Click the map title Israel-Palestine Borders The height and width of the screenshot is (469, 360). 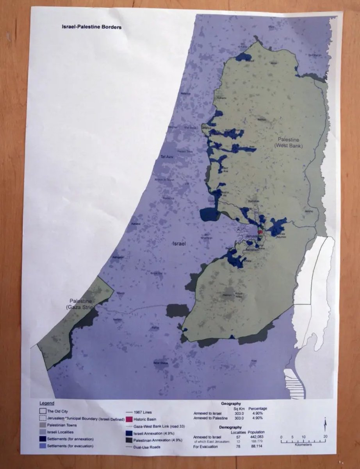tap(92, 27)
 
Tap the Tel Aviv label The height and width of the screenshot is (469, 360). tap(167, 157)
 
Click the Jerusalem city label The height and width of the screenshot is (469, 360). tap(252, 236)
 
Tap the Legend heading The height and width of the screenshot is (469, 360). tap(47, 403)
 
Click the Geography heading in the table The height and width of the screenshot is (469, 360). tap(230, 403)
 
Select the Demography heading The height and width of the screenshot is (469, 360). tap(230, 427)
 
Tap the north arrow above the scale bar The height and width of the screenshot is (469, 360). tap(325, 423)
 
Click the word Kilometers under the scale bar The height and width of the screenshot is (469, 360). tap(303, 445)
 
